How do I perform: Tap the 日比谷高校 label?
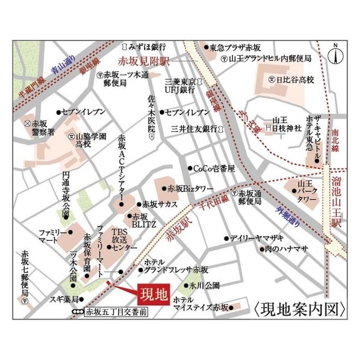(295, 80)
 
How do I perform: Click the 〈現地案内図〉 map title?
(298, 309)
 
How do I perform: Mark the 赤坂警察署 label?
(43, 127)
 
